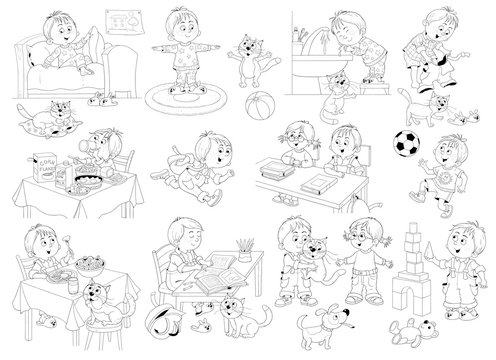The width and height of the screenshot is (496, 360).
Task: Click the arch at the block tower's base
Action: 404,299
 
